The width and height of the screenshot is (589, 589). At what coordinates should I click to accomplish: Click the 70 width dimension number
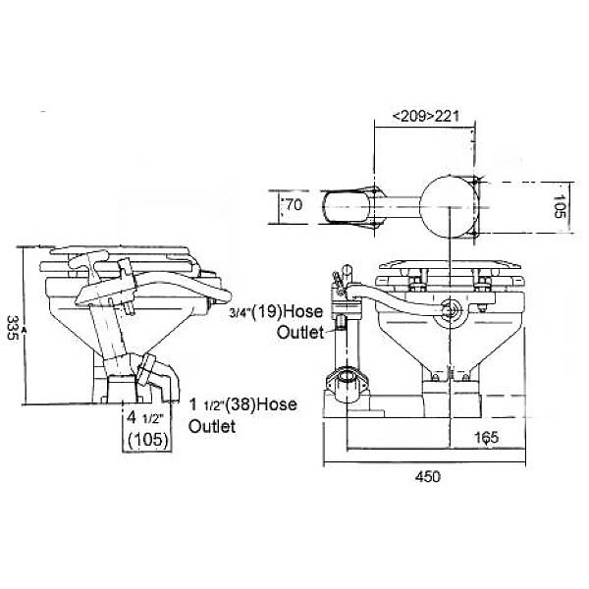[x=293, y=206]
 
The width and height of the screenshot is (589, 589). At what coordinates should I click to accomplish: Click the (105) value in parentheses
[x=146, y=439]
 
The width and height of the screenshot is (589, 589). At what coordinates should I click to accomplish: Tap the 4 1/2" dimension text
[x=144, y=415]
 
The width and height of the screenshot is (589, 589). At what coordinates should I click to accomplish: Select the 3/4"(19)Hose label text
[x=275, y=313]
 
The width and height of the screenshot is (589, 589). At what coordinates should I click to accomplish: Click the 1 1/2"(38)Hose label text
[x=242, y=404]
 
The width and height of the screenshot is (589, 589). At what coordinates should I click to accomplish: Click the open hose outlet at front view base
[x=348, y=378]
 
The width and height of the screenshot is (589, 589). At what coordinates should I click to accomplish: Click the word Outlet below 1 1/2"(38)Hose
[x=212, y=427]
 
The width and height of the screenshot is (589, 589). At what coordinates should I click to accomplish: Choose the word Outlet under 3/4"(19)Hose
[x=299, y=333]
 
